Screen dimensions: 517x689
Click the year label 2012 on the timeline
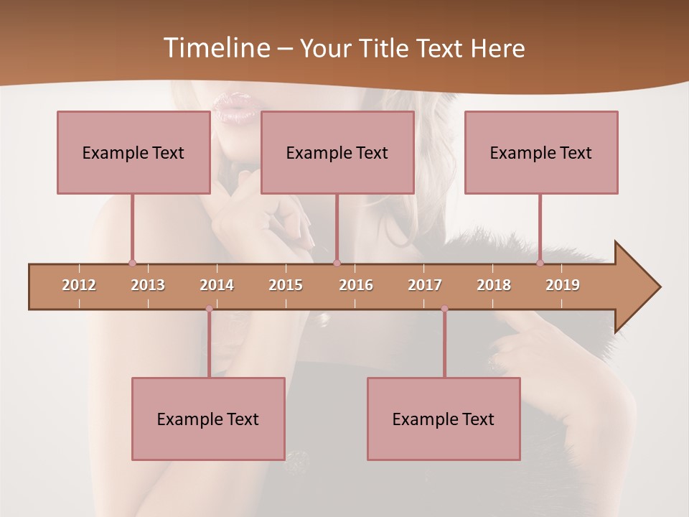pos(79,285)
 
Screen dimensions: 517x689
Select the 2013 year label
pos(148,285)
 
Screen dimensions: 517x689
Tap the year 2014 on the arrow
pos(217,285)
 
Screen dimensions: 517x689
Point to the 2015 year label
pos(286,285)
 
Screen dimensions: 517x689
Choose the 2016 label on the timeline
pos(356,285)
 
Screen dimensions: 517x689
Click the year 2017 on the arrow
pos(425,285)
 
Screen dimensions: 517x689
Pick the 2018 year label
pos(494,285)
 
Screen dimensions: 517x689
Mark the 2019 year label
pos(563,285)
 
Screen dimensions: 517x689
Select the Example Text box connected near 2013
pos(133,152)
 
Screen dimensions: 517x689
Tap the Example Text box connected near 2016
pos(337,152)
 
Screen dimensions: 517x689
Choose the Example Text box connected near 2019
pos(541,152)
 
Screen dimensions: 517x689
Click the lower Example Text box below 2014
pos(208,419)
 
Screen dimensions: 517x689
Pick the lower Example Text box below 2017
pos(444,419)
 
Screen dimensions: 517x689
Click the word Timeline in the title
pos(215,48)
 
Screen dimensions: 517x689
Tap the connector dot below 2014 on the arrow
pos(209,309)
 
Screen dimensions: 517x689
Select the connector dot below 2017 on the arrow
pos(444,309)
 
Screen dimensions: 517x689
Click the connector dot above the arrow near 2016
pos(337,263)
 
